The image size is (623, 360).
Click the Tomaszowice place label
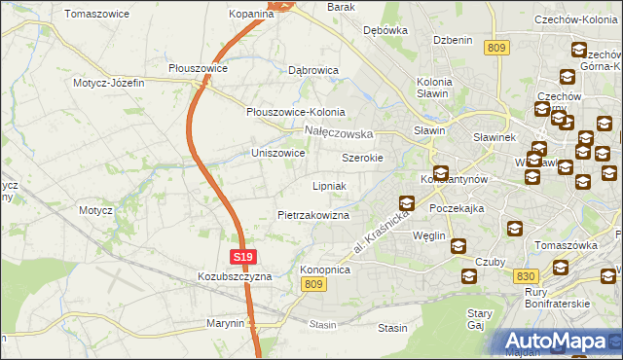click(x=96, y=15)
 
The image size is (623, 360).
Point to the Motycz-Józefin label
click(x=108, y=83)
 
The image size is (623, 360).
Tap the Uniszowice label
click(x=278, y=154)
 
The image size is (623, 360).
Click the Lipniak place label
click(x=329, y=185)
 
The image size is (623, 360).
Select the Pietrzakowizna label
click(x=312, y=214)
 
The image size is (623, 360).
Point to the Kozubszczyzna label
click(x=234, y=276)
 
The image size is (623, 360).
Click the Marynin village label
click(x=225, y=323)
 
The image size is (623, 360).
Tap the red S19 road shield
click(x=244, y=257)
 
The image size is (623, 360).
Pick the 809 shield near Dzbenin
click(x=496, y=47)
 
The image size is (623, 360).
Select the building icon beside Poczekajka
click(x=407, y=204)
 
